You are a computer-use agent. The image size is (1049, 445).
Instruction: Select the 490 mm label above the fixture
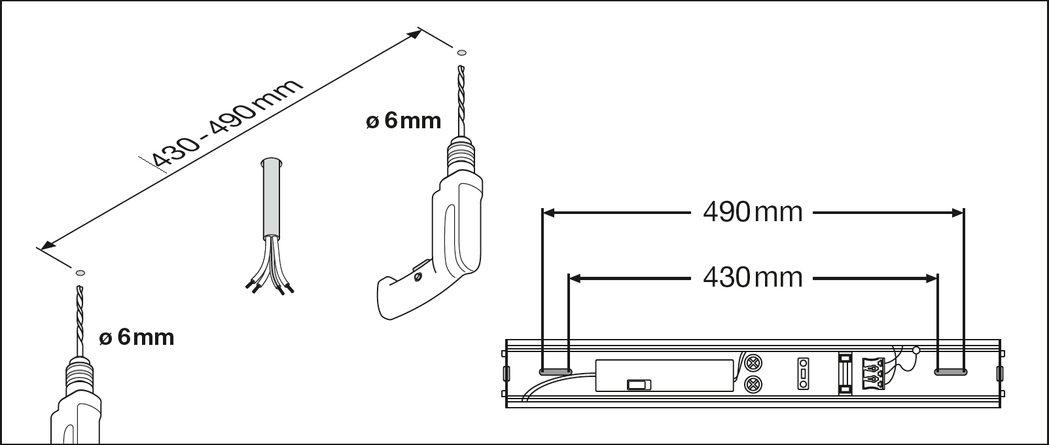[x=753, y=212]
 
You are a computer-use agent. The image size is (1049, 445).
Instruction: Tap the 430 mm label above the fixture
[x=753, y=277]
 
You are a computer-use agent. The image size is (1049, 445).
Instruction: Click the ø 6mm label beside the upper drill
[x=403, y=121]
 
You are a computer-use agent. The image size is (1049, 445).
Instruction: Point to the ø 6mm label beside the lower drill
[x=136, y=337]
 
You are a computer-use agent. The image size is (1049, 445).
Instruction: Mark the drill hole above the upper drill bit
[x=462, y=52]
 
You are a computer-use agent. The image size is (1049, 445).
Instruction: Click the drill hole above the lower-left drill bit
[x=80, y=273]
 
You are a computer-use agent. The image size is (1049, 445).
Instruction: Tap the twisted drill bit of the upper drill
[x=461, y=101]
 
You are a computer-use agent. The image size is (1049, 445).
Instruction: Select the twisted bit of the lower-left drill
[x=80, y=321]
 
